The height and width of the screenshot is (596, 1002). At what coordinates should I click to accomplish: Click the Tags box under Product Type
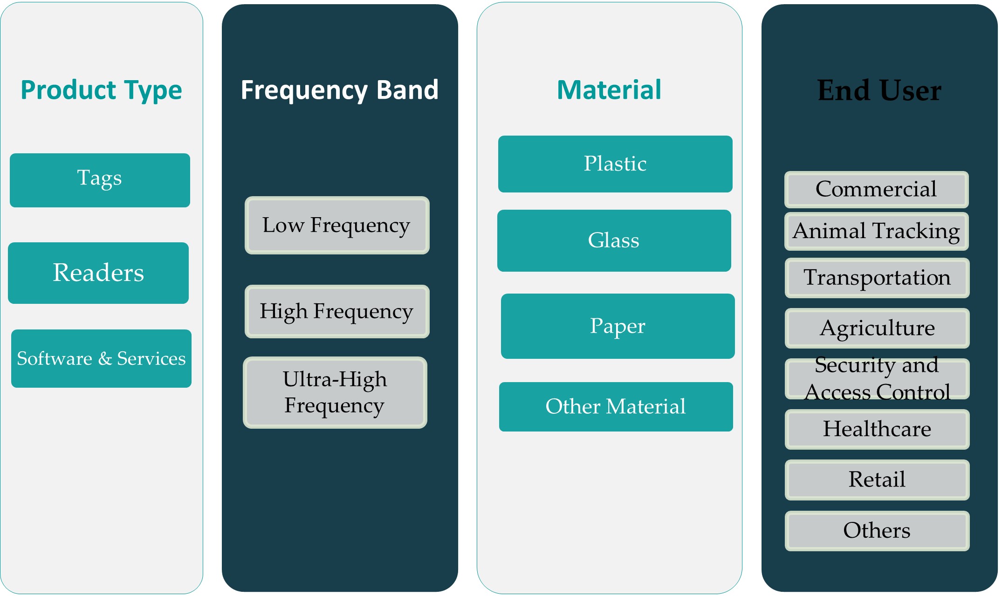100,180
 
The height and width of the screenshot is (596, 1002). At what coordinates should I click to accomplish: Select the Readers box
98,273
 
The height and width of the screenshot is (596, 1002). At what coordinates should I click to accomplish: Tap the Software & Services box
101,358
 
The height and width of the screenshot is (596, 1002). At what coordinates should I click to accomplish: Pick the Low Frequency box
336,225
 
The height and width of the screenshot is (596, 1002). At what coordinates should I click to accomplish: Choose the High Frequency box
336,311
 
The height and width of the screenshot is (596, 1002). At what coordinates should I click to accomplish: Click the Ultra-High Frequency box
335,392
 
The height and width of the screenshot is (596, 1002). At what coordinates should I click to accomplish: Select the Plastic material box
615,164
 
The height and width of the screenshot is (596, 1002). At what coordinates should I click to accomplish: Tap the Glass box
614,240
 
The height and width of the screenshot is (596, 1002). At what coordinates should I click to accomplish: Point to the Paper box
618,326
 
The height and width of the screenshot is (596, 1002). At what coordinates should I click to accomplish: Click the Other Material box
616,406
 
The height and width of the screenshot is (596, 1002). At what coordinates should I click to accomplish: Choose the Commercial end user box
876,189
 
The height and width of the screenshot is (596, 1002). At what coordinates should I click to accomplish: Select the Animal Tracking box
876,231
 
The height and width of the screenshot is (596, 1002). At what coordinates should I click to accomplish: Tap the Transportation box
877,278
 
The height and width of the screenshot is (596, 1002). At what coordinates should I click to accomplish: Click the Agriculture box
877,328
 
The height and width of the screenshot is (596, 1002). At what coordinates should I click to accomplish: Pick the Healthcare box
877,429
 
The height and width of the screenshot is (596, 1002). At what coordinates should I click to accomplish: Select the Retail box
877,480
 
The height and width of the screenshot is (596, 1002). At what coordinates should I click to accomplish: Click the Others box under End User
877,531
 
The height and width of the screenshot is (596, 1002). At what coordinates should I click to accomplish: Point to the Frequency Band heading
340,90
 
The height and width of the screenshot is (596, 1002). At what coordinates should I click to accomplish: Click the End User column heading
879,90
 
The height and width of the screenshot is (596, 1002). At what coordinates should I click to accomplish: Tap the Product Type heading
101,90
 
